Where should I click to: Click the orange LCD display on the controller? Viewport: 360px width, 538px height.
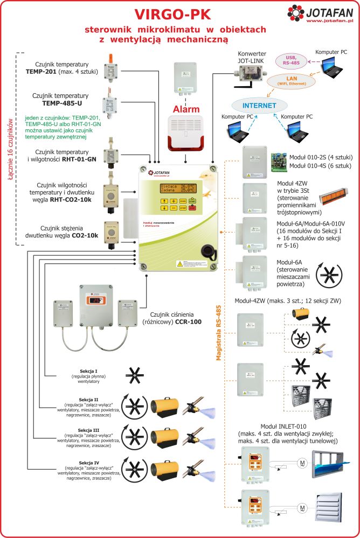(176, 188)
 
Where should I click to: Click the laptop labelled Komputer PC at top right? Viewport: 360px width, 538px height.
(330, 64)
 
